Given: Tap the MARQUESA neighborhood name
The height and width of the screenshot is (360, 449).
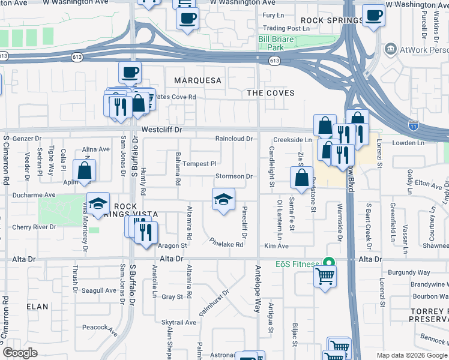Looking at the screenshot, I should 197,80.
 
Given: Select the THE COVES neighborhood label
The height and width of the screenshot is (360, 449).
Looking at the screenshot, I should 271,93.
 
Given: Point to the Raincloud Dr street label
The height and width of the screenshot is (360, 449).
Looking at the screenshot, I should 234,139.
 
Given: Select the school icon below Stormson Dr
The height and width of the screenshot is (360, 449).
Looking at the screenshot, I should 223,200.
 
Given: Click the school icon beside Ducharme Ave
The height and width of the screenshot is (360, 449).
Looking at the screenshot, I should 98,204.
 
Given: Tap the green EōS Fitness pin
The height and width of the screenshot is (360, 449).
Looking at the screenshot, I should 328,262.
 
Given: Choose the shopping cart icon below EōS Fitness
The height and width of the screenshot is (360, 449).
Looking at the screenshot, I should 325,277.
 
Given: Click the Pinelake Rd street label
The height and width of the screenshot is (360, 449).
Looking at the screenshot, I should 226,244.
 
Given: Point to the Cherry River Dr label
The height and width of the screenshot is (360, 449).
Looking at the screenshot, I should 37,227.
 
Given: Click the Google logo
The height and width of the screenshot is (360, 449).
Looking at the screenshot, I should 20,353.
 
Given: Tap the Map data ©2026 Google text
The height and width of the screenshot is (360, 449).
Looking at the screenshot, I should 411,355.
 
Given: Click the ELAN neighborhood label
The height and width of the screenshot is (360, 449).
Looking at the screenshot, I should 37,306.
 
